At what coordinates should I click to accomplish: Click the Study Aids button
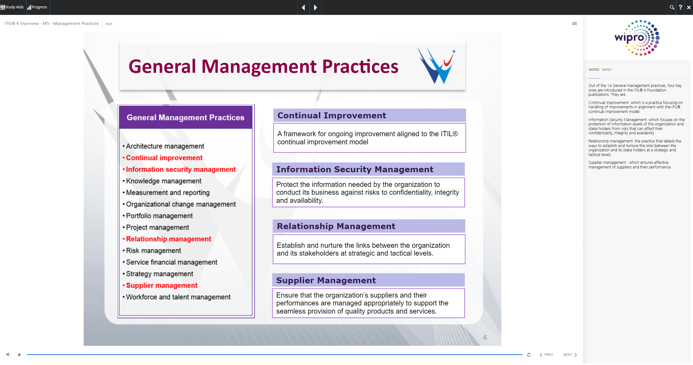pyautogui.click(x=12, y=7)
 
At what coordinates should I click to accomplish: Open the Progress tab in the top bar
pyautogui.click(x=37, y=7)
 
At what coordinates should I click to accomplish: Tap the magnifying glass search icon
pyautogui.click(x=672, y=7)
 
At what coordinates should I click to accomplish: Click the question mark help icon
pyautogui.click(x=680, y=7)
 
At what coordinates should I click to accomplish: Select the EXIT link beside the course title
pyautogui.click(x=109, y=24)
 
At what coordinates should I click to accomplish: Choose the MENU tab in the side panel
pyautogui.click(x=607, y=70)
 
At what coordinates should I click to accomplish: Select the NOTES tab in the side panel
pyautogui.click(x=594, y=70)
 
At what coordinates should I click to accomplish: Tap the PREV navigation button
pyautogui.click(x=546, y=355)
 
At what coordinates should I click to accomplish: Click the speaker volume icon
pyautogui.click(x=8, y=354)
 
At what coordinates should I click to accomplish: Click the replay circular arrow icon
pyautogui.click(x=529, y=355)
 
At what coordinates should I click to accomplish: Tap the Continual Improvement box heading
pyautogui.click(x=332, y=115)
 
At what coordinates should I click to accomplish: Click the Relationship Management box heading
pyautogui.click(x=336, y=226)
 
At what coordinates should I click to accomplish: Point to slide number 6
pyautogui.click(x=485, y=337)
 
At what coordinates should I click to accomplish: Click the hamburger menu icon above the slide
pyautogui.click(x=574, y=24)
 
